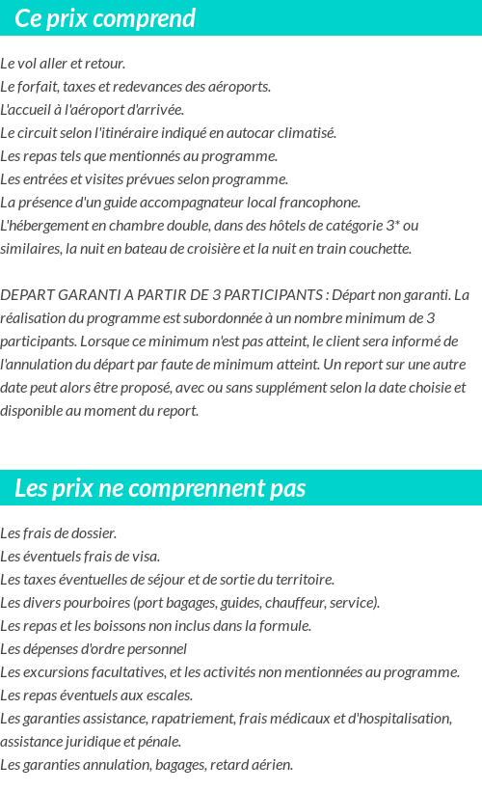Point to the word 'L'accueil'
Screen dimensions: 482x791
pyautogui.click(x=29, y=110)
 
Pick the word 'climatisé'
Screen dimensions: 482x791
pyautogui.click(x=304, y=133)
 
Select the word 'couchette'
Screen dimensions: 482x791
pyautogui.click(x=379, y=249)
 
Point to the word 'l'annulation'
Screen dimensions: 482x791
pyautogui.click(x=38, y=365)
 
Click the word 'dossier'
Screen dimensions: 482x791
pyautogui.click(x=94, y=533)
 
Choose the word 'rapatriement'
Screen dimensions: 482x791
pyautogui.click(x=206, y=719)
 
